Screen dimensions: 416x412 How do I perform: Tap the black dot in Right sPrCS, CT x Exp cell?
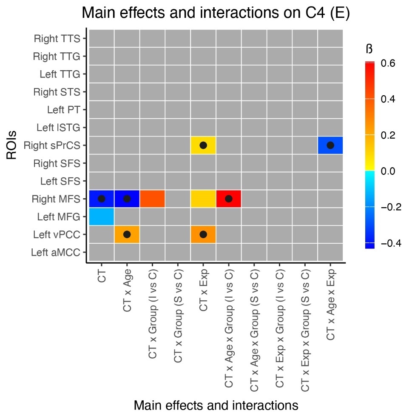203,145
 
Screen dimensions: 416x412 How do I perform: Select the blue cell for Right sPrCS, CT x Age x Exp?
330,145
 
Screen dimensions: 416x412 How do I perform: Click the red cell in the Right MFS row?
229,199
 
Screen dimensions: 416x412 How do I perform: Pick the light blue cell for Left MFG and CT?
102,217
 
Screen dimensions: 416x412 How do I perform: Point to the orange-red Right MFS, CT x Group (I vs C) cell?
152,199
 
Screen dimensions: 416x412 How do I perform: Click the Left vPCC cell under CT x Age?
127,234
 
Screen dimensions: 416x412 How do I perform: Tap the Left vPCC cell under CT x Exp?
203,234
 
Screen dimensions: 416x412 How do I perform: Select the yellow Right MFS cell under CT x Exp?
203,199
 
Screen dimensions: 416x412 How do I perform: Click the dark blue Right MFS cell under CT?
102,199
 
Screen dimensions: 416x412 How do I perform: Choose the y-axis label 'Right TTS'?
57,39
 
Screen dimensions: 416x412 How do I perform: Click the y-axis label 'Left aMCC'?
55,253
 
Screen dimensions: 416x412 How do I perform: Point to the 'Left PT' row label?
63,110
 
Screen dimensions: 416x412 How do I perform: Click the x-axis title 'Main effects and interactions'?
216,405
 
